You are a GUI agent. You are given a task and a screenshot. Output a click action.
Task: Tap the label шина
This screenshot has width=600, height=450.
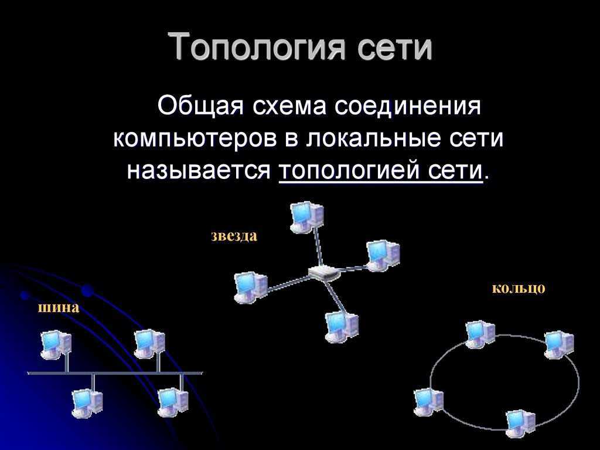point(59,307)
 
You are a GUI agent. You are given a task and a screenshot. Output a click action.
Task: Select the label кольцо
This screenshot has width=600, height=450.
point(518,288)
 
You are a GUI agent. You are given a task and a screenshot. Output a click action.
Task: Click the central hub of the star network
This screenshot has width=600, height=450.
point(323,272)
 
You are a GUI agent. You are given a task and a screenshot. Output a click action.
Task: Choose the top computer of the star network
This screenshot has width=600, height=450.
point(306,217)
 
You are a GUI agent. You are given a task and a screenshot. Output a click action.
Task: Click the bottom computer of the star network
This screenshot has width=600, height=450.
point(342,327)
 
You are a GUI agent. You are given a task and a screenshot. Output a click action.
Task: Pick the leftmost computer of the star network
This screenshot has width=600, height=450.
point(251,287)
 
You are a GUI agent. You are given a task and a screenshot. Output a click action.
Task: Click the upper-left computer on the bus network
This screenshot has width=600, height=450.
point(56,344)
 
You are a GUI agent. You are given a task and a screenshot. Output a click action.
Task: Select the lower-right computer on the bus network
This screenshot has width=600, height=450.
point(173,402)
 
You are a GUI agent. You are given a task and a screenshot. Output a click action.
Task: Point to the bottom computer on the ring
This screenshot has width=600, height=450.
point(520,424)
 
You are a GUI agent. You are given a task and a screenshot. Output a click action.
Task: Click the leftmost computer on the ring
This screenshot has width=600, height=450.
point(428,402)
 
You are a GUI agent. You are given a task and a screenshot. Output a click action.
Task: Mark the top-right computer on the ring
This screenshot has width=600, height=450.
point(559,344)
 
